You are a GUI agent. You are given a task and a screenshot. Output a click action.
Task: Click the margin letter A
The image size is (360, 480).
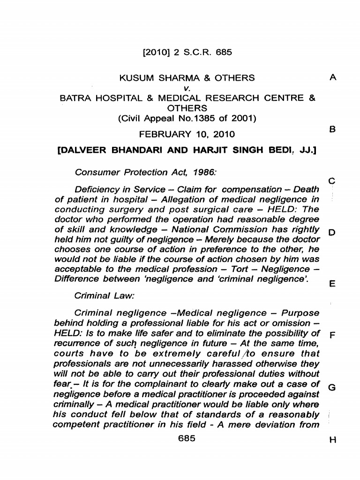click(333, 79)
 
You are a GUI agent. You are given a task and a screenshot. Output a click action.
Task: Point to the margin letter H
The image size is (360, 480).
click(332, 440)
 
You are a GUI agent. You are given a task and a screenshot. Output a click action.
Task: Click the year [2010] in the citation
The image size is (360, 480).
click(156, 52)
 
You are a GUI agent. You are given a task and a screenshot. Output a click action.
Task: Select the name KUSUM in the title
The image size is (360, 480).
click(135, 78)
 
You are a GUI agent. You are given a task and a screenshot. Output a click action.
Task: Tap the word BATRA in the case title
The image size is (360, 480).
click(75, 98)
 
